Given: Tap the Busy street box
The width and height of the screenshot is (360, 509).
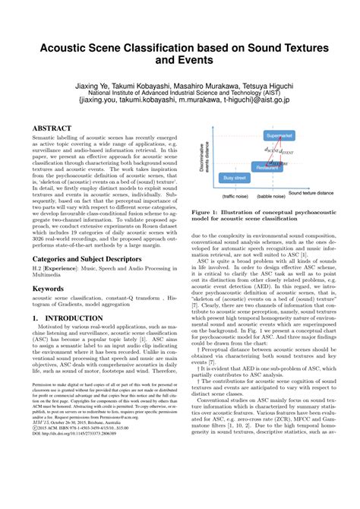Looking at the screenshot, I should pos(236,177).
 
